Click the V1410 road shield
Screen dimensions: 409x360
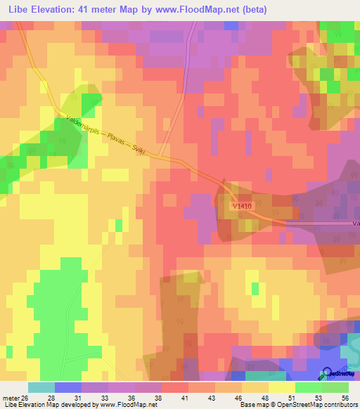pos(240,205)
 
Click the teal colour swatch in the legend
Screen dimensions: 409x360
pos(41,388)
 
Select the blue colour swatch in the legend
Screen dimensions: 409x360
pos(68,388)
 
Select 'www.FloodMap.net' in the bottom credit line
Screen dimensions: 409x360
pos(129,404)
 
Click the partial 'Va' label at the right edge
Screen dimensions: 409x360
pos(355,223)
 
